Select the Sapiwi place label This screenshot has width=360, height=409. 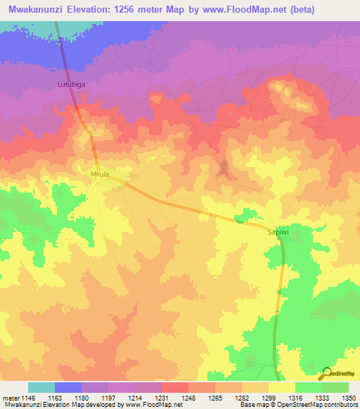(x=278, y=231)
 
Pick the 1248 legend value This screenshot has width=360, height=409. (x=188, y=398)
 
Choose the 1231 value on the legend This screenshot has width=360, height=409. (x=161, y=398)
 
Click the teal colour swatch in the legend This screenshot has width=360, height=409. (x=41, y=387)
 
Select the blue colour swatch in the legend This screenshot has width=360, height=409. (x=67, y=387)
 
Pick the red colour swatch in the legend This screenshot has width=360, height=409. (x=174, y=387)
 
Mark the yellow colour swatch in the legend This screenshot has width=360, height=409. (x=281, y=387)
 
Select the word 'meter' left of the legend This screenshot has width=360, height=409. (x=9, y=398)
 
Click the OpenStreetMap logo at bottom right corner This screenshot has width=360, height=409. (x=340, y=372)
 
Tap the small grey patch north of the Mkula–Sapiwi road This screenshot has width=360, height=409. (x=224, y=168)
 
